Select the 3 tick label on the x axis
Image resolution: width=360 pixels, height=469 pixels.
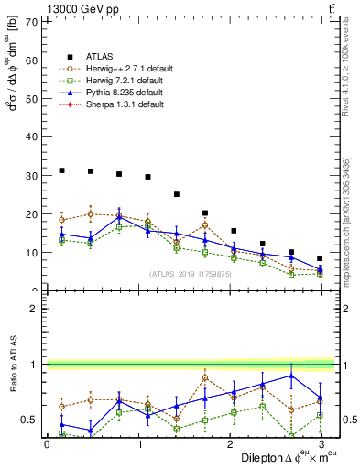[321, 443]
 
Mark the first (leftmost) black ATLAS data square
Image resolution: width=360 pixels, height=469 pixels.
[61, 170]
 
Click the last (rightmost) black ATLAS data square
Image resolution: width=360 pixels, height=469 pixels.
[320, 258]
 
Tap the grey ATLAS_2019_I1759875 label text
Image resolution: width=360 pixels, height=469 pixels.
[188, 274]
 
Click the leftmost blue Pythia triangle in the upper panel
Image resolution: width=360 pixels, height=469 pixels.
[61, 234]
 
